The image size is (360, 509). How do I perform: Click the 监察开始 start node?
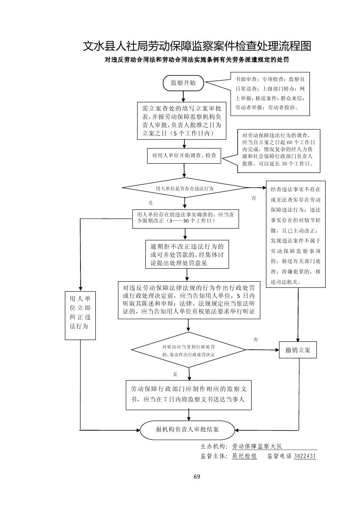(x=183, y=83)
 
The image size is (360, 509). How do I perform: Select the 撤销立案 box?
(x=298, y=350)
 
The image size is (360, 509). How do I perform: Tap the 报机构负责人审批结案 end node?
(x=188, y=430)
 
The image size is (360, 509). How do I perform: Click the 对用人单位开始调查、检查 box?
(x=184, y=155)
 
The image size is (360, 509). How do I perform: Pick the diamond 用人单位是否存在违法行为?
(x=185, y=189)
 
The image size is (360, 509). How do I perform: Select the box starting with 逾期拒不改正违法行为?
(x=187, y=255)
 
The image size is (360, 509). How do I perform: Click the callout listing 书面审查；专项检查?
(x=270, y=94)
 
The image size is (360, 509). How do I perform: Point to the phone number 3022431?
(x=305, y=456)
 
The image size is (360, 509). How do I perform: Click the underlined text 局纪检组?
(x=245, y=456)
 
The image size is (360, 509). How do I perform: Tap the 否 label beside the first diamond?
(x=254, y=199)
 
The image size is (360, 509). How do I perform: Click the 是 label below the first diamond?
(x=151, y=203)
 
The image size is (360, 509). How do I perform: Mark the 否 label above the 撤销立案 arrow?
(x=256, y=339)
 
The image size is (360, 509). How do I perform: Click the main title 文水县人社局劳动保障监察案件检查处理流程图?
(x=197, y=46)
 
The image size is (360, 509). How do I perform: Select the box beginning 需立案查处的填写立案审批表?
(x=182, y=121)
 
